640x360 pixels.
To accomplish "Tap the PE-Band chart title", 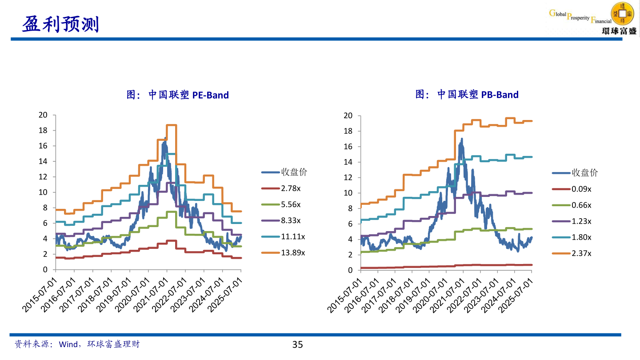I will coord(178,95).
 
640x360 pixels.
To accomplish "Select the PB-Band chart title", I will coord(467,95).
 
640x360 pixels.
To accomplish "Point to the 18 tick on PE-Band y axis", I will coord(43,130).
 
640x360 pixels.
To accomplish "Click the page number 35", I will coord(297,344).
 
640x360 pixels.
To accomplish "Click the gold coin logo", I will coord(623,13).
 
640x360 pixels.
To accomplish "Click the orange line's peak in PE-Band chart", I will coord(172,125).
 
